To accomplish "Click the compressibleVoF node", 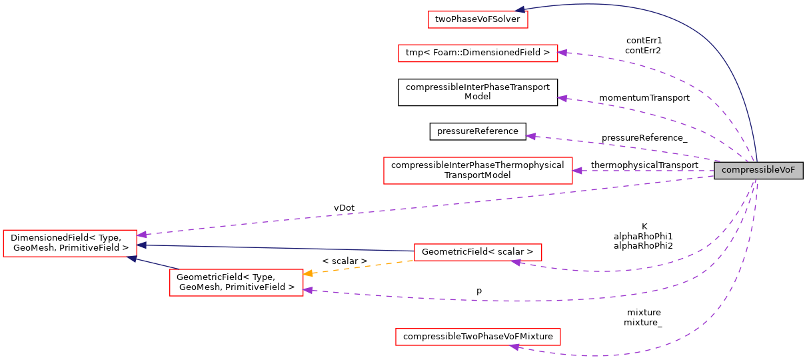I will click(x=758, y=170).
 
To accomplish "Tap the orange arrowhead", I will click(x=308, y=273).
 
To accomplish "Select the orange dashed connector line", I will click(x=360, y=267).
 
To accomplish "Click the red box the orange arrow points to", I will click(x=236, y=283).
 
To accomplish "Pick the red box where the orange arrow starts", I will click(x=477, y=252).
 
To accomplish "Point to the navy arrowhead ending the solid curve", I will click(x=519, y=9).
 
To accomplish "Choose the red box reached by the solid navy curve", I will click(x=477, y=19).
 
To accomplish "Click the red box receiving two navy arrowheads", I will click(x=69, y=243).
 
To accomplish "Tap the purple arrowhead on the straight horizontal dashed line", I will click(x=577, y=171).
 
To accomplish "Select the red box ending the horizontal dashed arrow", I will click(x=477, y=171).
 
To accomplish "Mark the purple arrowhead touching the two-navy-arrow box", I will click(x=141, y=235).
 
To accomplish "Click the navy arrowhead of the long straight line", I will click(x=142, y=245).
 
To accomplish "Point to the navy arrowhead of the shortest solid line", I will click(x=132, y=258).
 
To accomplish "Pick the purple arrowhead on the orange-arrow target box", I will click(x=308, y=290).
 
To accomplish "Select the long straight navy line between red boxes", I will click(x=280, y=248).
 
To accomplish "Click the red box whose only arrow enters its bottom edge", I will click(x=477, y=337).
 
